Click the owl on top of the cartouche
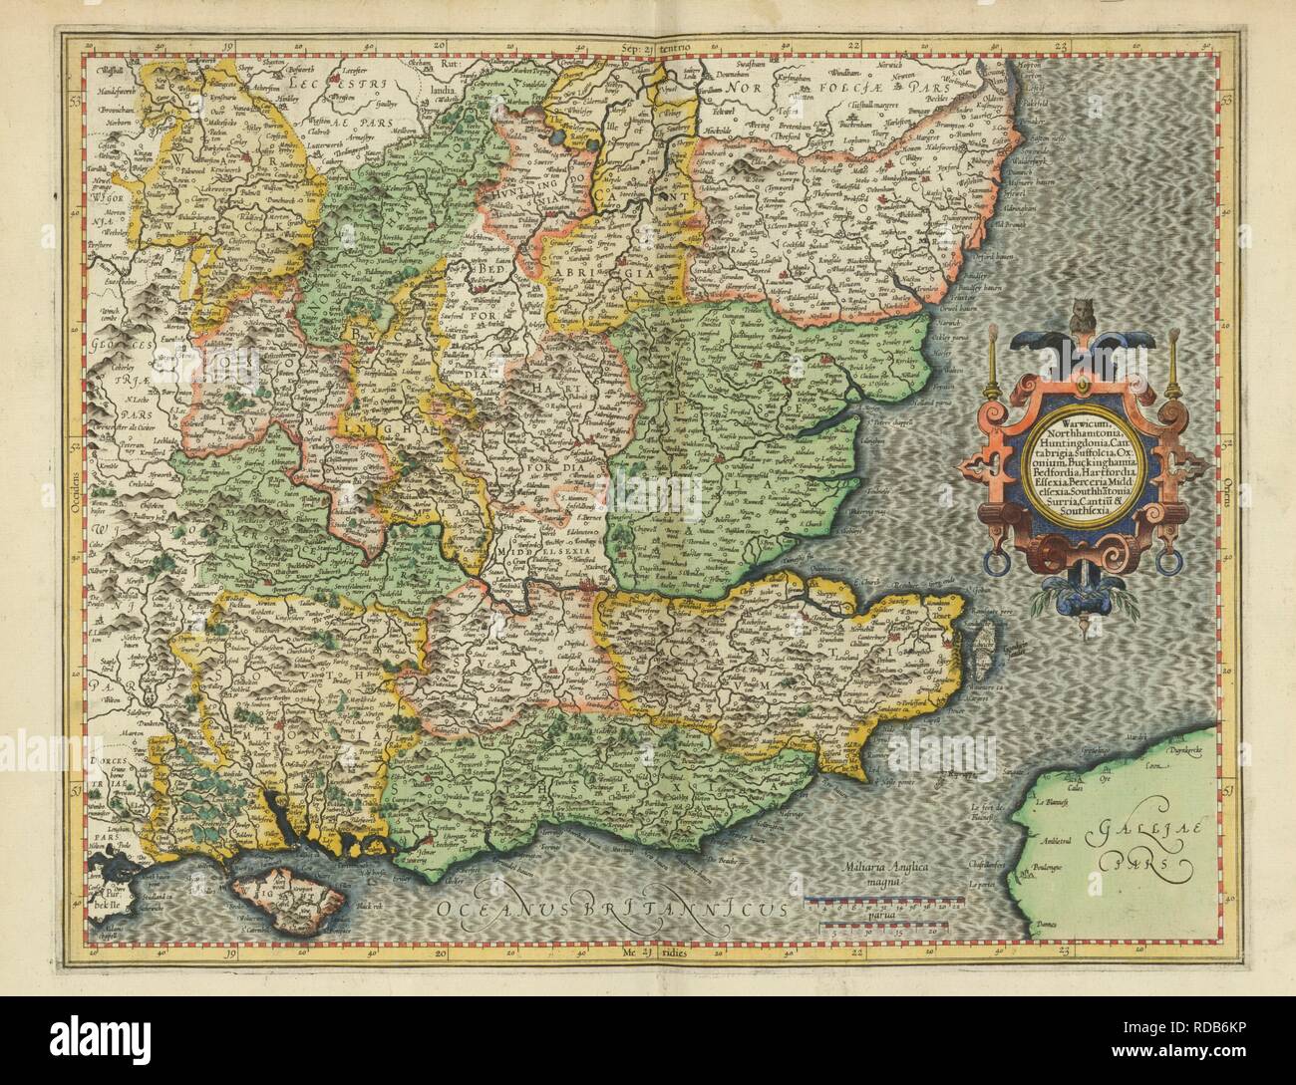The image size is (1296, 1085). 1081,318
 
